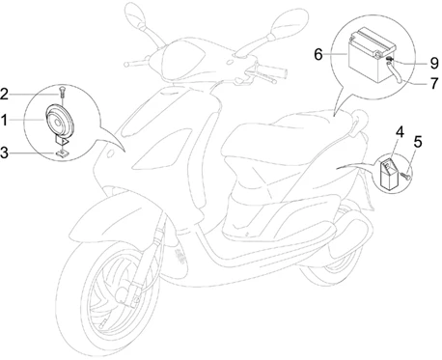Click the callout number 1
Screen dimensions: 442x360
(4, 120)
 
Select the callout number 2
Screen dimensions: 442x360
(4, 95)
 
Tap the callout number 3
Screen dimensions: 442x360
(4, 152)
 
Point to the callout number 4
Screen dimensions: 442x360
(400, 132)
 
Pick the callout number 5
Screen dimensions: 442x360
(418, 142)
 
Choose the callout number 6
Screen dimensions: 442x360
(318, 54)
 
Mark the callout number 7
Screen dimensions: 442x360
(434, 83)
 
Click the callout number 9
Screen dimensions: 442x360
(434, 63)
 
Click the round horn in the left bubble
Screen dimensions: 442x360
(59, 121)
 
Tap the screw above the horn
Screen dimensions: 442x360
(62, 92)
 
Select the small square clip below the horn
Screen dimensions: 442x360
(64, 152)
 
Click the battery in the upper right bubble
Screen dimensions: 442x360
(372, 55)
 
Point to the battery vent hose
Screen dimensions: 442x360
(394, 72)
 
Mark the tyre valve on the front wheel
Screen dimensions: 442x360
(103, 323)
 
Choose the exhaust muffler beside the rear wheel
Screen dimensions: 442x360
(350, 237)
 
